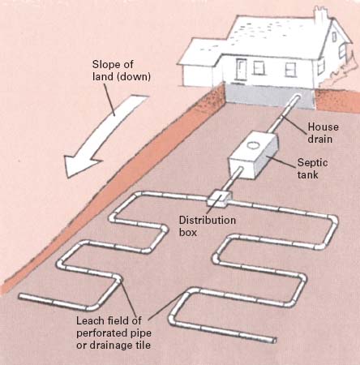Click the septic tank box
pos(254,155)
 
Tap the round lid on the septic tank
pos(253,145)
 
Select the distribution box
pos(220,199)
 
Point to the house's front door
pos(242,69)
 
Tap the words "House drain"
pos(323,133)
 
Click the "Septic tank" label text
pos(312,168)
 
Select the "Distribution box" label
pos(208,226)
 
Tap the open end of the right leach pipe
pos(274,341)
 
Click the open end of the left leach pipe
pos(20,297)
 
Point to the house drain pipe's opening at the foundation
pos(298,97)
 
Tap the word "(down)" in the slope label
pos(135,77)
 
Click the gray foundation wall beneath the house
pos(270,95)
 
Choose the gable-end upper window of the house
pos(335,36)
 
